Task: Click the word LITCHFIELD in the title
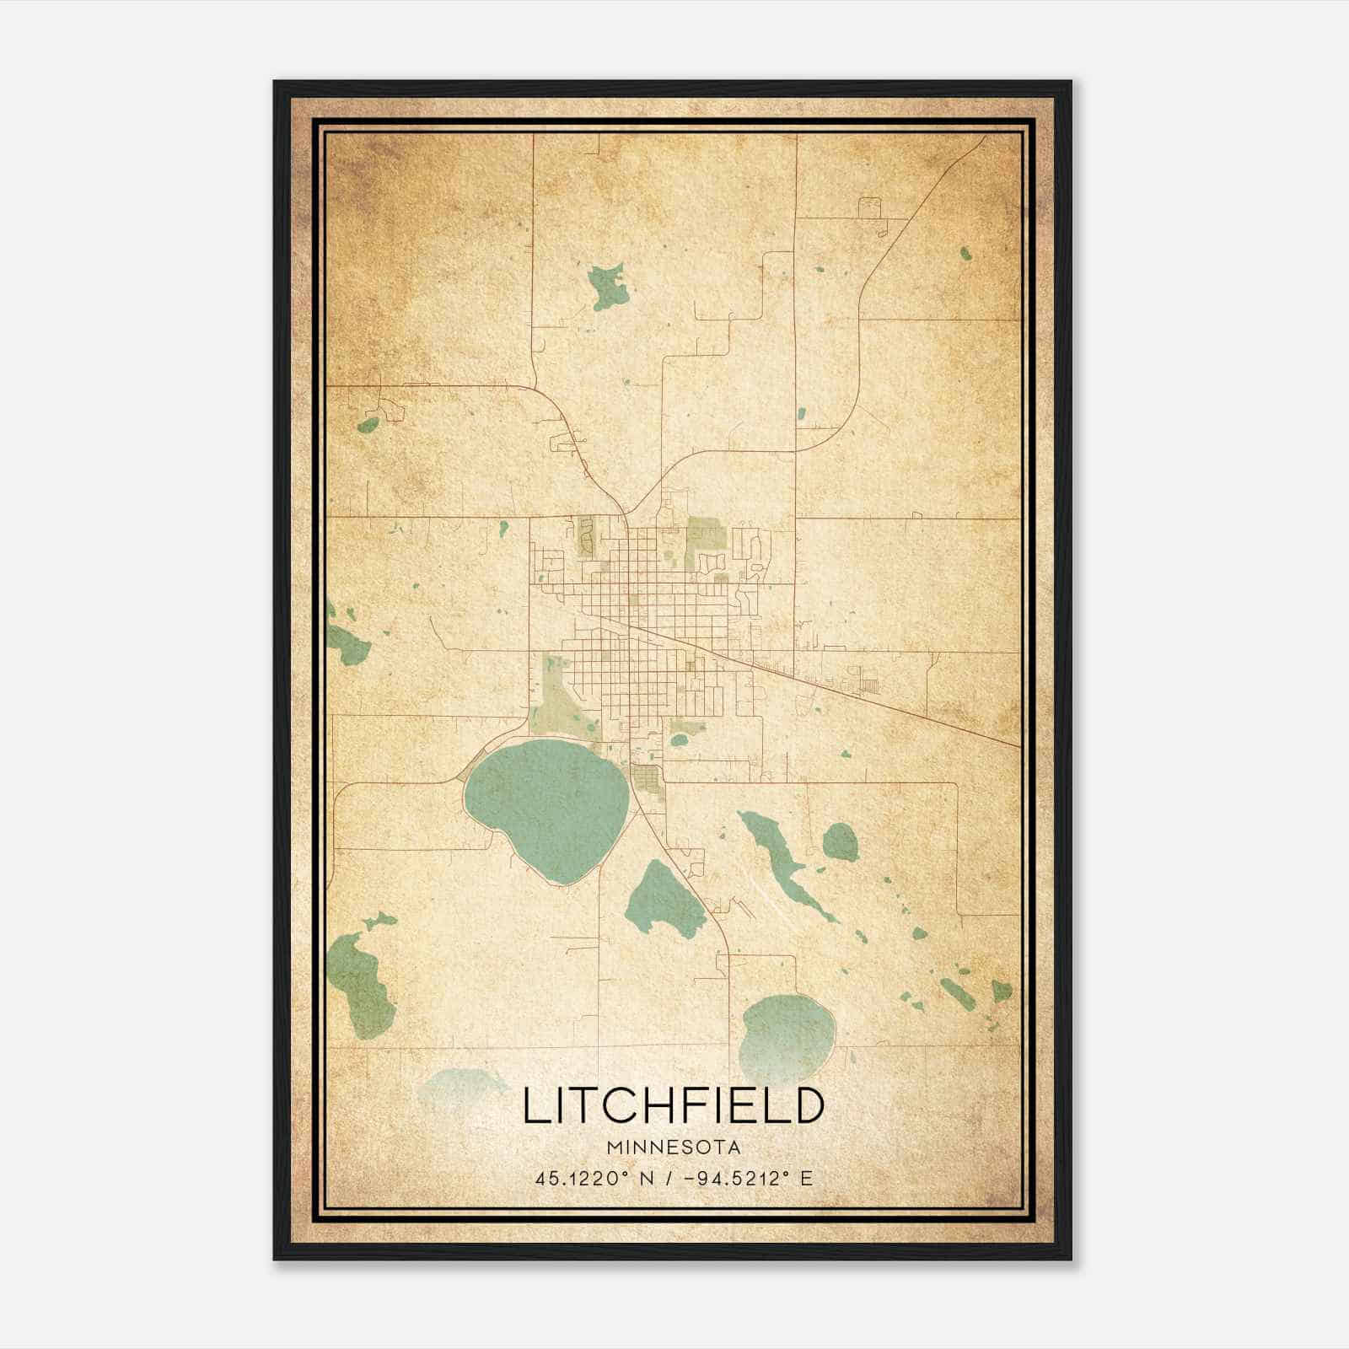(672, 1105)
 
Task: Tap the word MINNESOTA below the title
(672, 1147)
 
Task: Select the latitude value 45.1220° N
(591, 1178)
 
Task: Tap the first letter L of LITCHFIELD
(534, 1105)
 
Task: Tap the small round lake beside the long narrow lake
(840, 841)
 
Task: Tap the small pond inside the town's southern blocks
(679, 740)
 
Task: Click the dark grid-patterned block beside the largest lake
(647, 778)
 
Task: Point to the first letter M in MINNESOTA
(612, 1147)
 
